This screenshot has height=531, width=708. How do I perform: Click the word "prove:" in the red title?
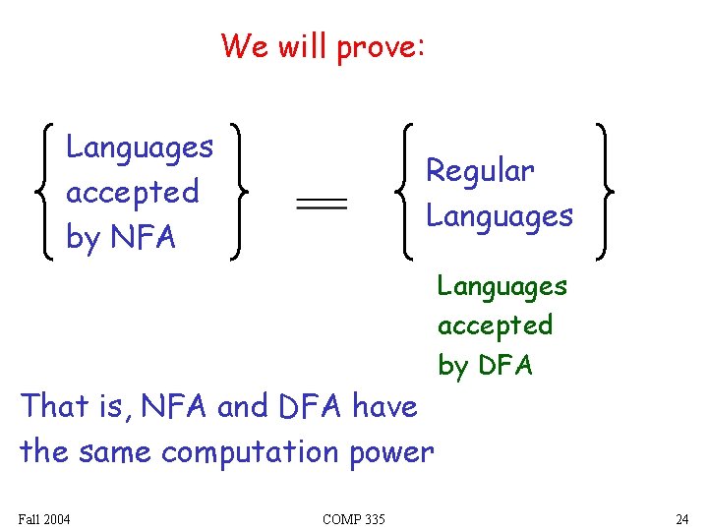[x=381, y=47]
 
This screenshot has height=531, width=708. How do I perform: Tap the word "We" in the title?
[x=241, y=45]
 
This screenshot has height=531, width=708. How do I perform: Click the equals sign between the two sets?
[x=322, y=204]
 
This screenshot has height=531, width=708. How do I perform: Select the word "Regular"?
[x=479, y=171]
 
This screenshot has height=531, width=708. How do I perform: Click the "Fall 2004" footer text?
[x=43, y=519]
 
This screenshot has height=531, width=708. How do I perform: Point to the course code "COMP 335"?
[x=353, y=519]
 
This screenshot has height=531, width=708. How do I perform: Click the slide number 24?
[x=681, y=519]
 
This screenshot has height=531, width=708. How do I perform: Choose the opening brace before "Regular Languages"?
[x=404, y=192]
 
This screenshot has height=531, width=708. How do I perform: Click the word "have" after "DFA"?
[x=384, y=405]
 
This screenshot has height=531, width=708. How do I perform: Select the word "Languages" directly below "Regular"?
[x=499, y=215]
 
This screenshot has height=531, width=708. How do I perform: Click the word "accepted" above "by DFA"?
[x=495, y=324]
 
